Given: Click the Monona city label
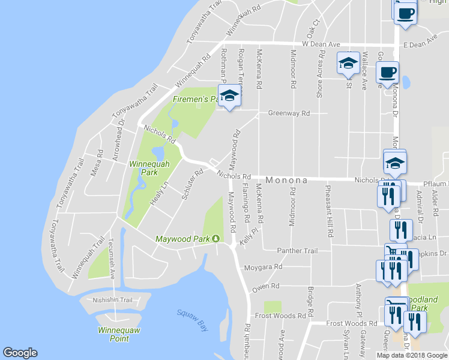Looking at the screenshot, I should [x=286, y=180].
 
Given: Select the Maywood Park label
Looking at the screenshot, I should [x=182, y=239].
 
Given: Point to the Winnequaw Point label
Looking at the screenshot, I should [x=113, y=334].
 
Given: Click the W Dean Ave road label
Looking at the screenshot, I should [x=321, y=44].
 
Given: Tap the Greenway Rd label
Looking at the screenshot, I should [x=289, y=113].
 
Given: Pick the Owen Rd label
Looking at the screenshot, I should [x=266, y=287].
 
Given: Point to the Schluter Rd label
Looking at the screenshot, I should [x=190, y=188].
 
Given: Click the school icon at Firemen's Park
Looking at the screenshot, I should [x=229, y=96].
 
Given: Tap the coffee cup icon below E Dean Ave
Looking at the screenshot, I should [x=387, y=73].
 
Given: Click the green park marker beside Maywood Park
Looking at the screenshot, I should [x=215, y=239].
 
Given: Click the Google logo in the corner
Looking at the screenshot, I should [x=20, y=353].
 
